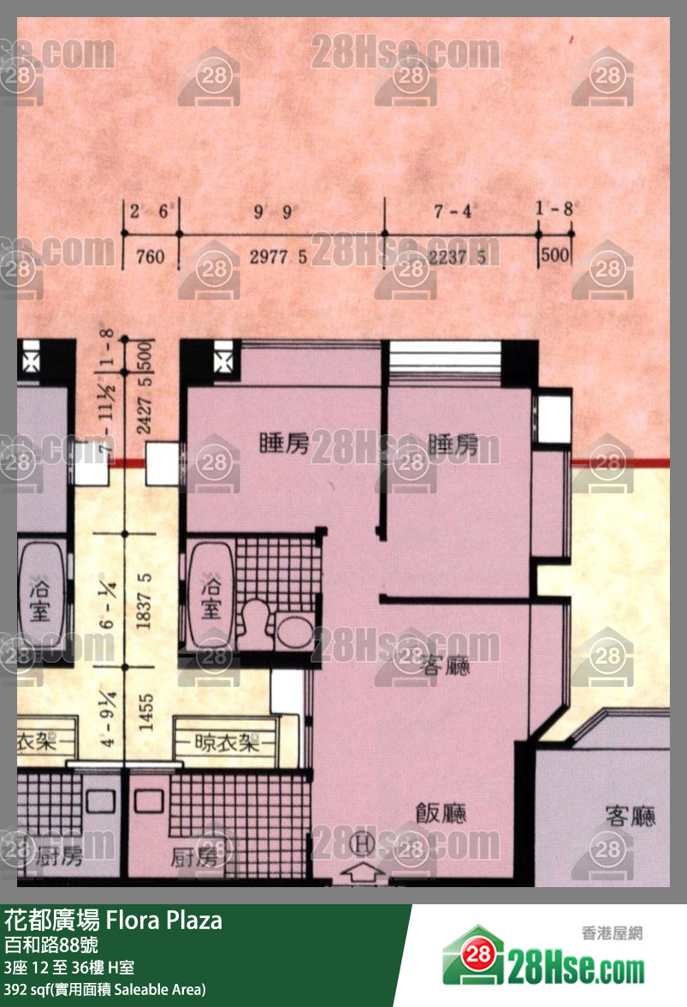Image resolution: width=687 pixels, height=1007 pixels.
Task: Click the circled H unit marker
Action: coord(364,844)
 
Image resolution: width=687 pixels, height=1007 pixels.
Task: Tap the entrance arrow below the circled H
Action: coord(364,873)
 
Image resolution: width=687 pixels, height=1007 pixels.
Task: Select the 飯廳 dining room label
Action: coord(441,813)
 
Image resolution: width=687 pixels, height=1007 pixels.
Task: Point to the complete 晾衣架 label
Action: coord(227,742)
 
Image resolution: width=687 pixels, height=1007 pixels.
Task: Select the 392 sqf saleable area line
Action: coord(104,990)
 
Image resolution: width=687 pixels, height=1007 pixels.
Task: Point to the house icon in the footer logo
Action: coord(473,957)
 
